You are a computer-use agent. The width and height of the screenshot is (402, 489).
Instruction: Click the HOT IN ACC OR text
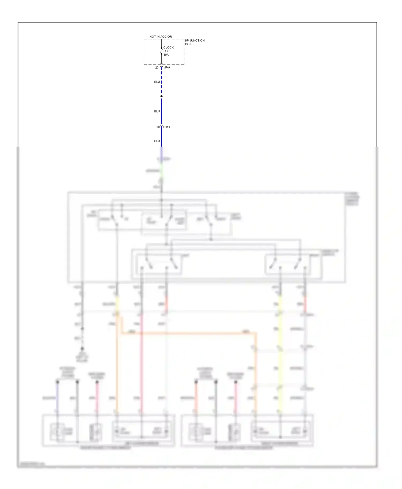[161, 37]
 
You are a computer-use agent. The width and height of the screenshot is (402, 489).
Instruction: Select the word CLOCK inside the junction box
[169, 48]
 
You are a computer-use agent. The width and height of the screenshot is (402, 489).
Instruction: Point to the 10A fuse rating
[166, 55]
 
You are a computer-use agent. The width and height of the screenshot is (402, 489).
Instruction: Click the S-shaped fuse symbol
[161, 51]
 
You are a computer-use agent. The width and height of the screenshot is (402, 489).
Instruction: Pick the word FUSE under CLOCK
[167, 51]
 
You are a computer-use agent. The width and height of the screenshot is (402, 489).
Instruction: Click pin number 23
[157, 68]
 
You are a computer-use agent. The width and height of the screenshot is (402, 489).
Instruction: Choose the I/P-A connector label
[167, 68]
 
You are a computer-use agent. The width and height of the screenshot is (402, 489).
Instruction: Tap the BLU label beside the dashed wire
[157, 82]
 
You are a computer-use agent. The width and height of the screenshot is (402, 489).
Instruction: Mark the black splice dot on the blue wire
[161, 96]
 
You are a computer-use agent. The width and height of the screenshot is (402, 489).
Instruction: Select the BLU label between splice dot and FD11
[157, 111]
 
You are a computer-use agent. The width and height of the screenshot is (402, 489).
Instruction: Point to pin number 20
[158, 127]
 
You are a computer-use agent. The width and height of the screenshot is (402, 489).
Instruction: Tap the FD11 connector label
[166, 127]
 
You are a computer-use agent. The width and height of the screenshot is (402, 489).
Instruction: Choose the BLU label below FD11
[157, 141]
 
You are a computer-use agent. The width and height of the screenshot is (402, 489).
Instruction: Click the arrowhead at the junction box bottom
[161, 63]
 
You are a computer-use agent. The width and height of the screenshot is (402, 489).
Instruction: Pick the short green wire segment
[161, 171]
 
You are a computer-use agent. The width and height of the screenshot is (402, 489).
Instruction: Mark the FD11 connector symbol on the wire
[161, 125]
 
